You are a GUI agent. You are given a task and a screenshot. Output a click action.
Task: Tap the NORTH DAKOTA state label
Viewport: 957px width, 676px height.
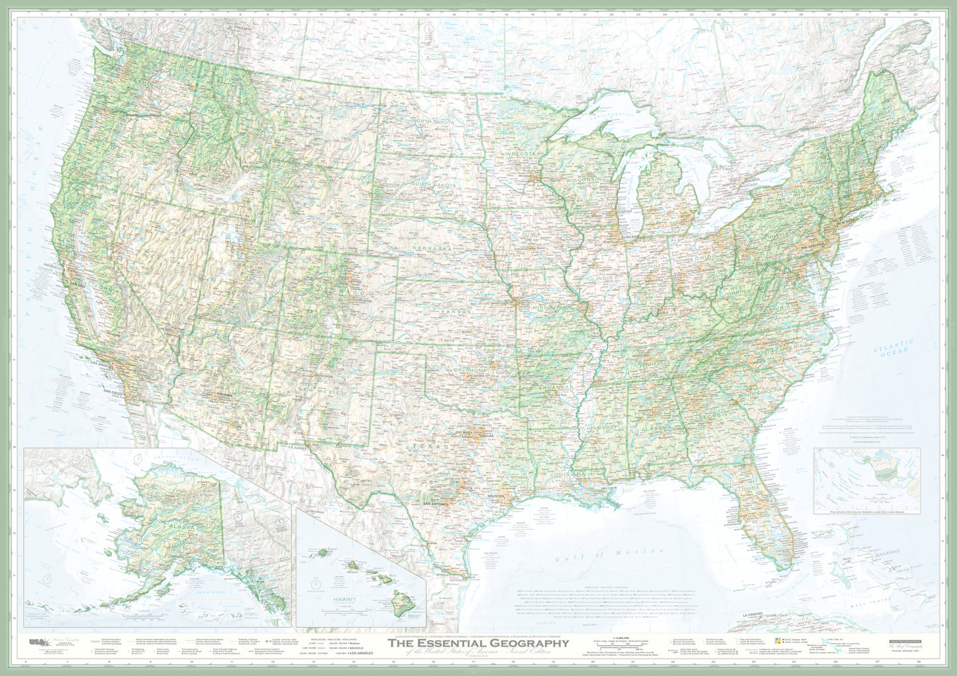tap(434, 122)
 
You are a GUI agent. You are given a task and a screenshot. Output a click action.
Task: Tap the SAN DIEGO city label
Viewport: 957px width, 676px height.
tap(114, 392)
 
